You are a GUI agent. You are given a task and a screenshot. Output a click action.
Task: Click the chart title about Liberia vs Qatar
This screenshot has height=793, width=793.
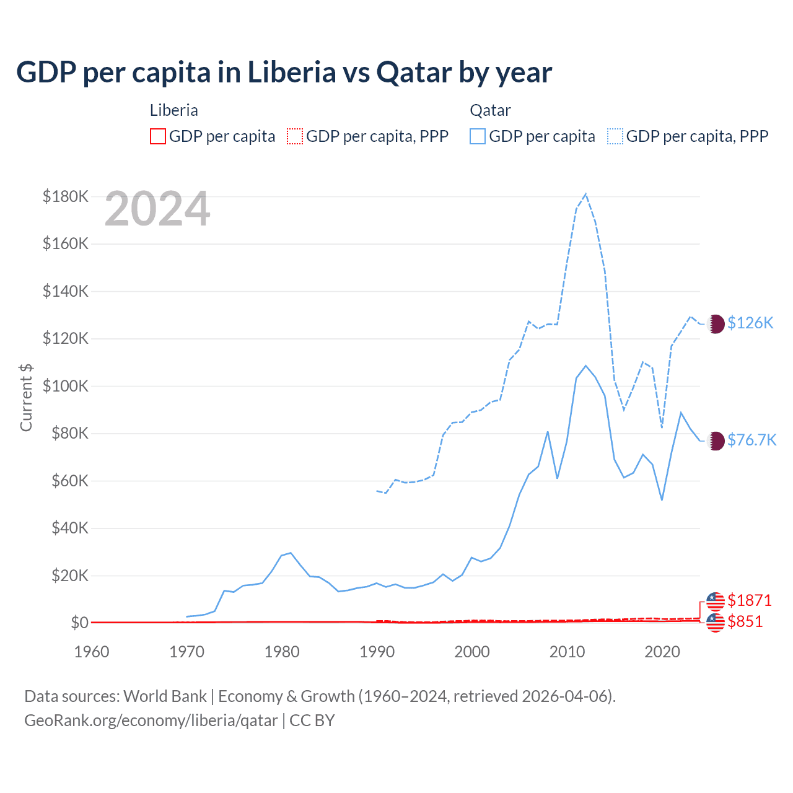(284, 72)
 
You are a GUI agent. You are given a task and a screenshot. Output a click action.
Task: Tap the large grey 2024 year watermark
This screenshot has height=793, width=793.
(157, 209)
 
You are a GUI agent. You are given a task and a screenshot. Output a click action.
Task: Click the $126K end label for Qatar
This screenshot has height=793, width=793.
(750, 323)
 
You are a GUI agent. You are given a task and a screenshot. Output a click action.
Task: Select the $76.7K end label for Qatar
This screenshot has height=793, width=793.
(751, 440)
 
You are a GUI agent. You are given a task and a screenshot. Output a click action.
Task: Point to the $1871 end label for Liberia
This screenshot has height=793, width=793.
(750, 600)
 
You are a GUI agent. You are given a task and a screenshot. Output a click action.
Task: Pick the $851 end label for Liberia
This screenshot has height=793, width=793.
(745, 621)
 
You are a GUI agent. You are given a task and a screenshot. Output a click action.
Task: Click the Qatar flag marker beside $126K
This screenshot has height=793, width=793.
(716, 323)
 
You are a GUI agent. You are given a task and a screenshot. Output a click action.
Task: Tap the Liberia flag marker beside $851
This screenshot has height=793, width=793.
(716, 622)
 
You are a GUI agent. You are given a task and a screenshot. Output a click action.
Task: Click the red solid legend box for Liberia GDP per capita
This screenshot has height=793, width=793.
(158, 136)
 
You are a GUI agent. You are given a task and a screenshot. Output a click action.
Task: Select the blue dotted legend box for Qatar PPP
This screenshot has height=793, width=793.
(615, 136)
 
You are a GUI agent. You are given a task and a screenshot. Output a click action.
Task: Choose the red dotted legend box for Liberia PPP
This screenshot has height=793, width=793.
(296, 136)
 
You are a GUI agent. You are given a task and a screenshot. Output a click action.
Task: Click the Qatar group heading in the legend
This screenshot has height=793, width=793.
(490, 110)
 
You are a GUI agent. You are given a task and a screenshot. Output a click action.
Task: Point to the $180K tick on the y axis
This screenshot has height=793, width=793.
(66, 196)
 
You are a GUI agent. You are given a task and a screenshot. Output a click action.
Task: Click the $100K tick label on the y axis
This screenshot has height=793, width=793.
(66, 386)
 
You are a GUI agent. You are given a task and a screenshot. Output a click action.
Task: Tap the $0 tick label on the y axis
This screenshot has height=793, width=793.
(80, 623)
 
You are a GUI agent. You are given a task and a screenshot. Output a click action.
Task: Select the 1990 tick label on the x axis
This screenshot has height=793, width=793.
(377, 652)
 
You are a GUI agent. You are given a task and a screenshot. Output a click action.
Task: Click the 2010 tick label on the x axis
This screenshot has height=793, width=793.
(567, 652)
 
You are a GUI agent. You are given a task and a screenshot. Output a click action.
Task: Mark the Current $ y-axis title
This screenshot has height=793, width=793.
(26, 397)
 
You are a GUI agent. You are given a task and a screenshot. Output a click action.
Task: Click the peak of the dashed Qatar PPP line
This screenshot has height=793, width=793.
(585, 194)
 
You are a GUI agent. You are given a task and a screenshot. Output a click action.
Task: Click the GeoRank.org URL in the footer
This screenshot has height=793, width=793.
(151, 721)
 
